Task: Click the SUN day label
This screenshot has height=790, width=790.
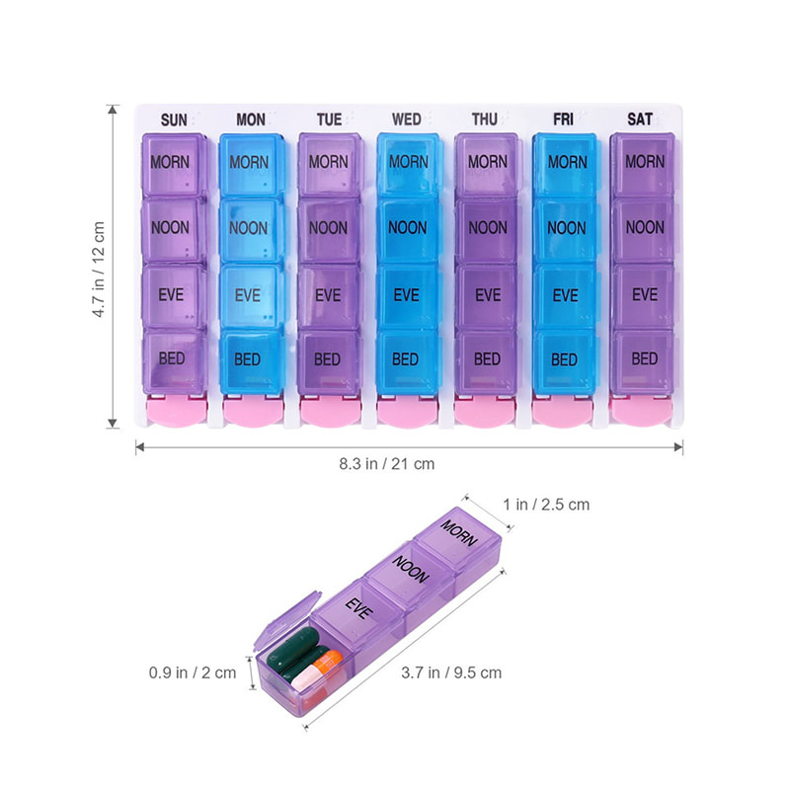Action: pyautogui.click(x=173, y=119)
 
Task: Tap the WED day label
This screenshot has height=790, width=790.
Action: pyautogui.click(x=407, y=119)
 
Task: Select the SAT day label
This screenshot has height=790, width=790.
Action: pyautogui.click(x=640, y=119)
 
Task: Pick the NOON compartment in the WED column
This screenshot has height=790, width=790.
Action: pyautogui.click(x=407, y=229)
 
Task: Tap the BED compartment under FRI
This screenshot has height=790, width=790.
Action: pyautogui.click(x=564, y=358)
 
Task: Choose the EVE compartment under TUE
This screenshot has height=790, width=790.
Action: pyautogui.click(x=328, y=294)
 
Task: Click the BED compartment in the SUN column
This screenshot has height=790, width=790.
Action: pyautogui.click(x=172, y=356)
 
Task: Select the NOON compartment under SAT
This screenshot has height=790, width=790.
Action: pyautogui.click(x=644, y=229)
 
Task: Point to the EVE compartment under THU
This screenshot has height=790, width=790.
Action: pyautogui.click(x=487, y=294)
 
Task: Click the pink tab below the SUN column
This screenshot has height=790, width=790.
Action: pyautogui.click(x=174, y=411)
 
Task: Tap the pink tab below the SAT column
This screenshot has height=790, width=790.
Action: pyautogui.click(x=643, y=411)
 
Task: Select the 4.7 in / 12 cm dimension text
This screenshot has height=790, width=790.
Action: pyautogui.click(x=99, y=268)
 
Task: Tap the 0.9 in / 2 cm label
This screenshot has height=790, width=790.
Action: pyautogui.click(x=193, y=672)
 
